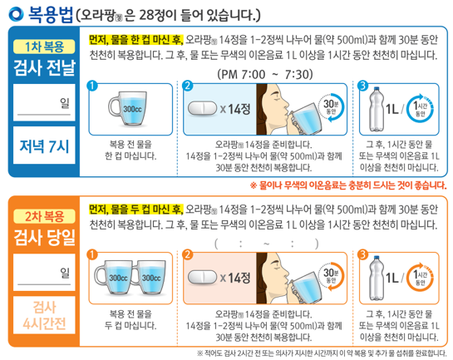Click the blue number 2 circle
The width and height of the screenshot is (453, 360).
pyautogui.click(x=187, y=86)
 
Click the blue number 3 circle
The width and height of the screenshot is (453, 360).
pyautogui.click(x=362, y=86)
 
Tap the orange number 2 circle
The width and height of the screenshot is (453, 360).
pyautogui.click(x=187, y=254)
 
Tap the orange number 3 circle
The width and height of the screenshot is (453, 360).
pyautogui.click(x=362, y=254)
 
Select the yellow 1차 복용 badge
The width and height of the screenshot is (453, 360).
pyautogui.click(x=42, y=47)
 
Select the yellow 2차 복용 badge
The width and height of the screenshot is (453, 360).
pyautogui.click(x=42, y=215)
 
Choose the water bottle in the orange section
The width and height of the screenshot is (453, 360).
pyautogui.click(x=376, y=279)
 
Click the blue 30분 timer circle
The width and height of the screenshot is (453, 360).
pyautogui.click(x=332, y=109)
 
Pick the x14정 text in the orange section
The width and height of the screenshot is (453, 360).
pyautogui.click(x=238, y=278)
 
